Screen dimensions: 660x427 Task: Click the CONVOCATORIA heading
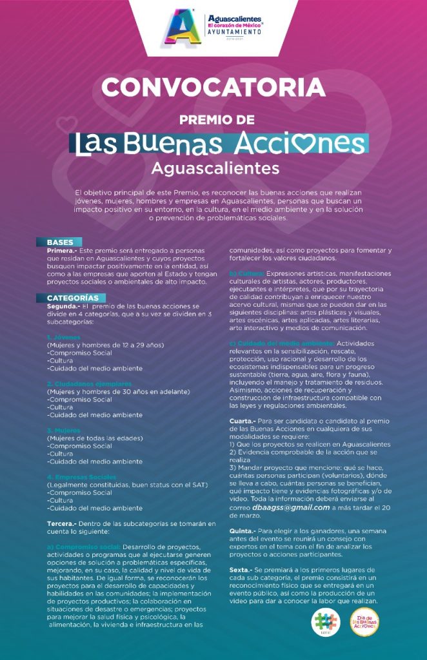pyautogui.click(x=213, y=86)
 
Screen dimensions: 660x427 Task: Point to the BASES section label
pyautogui.click(x=60, y=242)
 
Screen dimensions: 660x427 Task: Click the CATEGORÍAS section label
pyautogui.click(x=73, y=298)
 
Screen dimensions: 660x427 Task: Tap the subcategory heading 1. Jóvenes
pyautogui.click(x=63, y=336)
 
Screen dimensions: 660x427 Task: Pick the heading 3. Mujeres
pyautogui.click(x=64, y=430)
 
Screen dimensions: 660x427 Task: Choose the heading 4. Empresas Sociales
pyautogui.click(x=82, y=477)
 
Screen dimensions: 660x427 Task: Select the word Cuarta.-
pyautogui.click(x=244, y=422)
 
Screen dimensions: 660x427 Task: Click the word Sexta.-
pyautogui.click(x=243, y=570)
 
